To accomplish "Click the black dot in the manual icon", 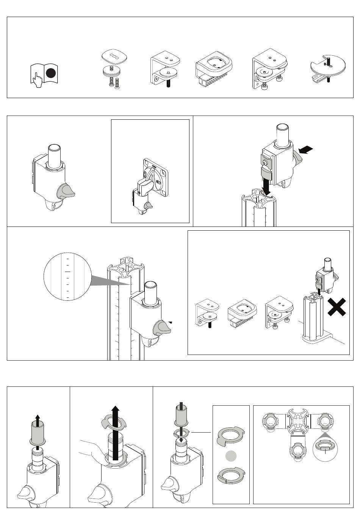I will tap(51, 74).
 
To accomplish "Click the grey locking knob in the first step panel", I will tap(66, 192).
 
